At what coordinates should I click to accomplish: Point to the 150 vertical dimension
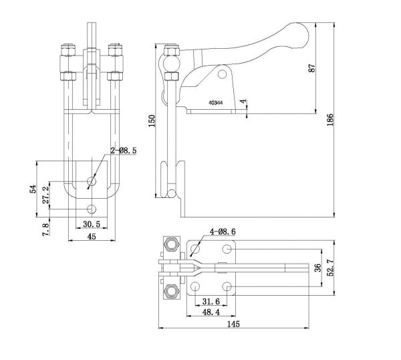[152, 121]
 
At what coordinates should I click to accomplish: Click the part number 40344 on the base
[215, 103]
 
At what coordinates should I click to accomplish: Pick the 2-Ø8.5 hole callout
[124, 151]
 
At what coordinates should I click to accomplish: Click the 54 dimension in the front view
[33, 189]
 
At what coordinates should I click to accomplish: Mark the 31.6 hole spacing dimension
[211, 301]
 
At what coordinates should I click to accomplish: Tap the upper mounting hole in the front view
[92, 181]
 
